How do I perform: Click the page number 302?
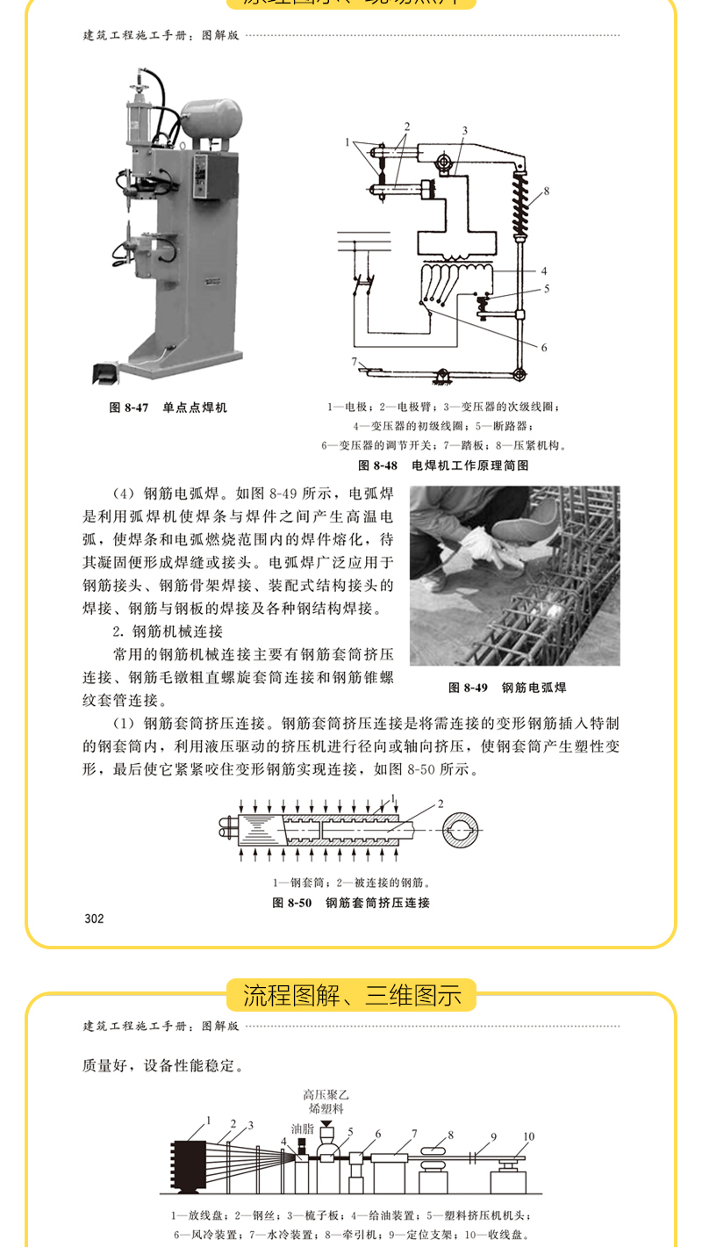tap(94, 919)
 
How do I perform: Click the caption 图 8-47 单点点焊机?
tap(168, 407)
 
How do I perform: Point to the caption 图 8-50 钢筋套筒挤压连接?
tap(351, 902)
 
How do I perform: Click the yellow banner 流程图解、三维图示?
tap(351, 996)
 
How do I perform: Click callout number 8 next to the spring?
tap(546, 191)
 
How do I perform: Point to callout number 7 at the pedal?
tap(354, 362)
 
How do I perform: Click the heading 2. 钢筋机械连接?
tap(167, 631)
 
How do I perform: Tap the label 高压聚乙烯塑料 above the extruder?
tap(326, 1101)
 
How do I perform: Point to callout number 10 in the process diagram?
tap(528, 1135)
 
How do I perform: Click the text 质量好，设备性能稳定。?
tap(162, 1065)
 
